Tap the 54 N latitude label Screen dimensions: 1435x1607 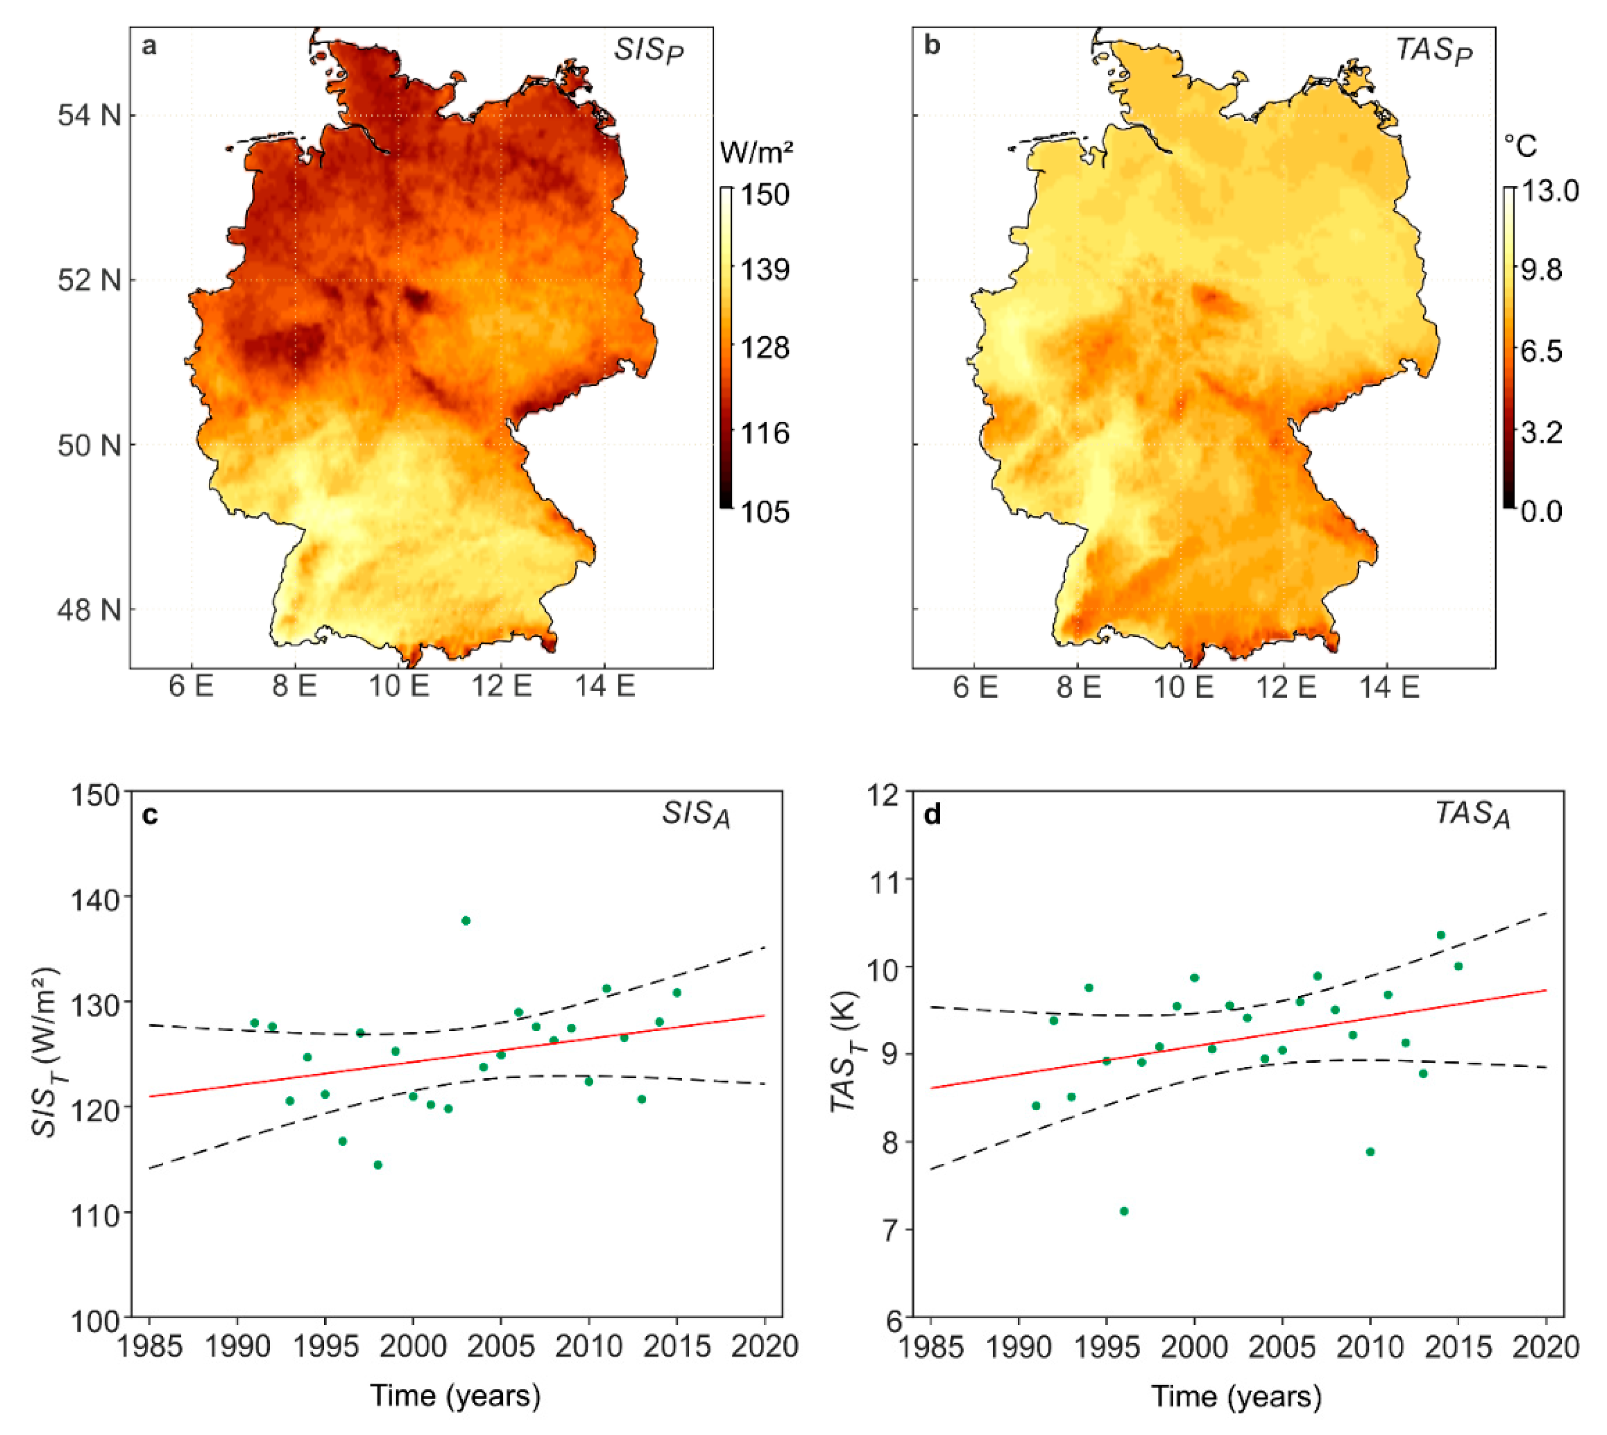click(89, 115)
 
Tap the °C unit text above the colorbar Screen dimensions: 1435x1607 click(1520, 147)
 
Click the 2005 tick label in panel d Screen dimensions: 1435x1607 click(1281, 1347)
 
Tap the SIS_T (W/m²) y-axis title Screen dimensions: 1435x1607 click(47, 1053)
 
